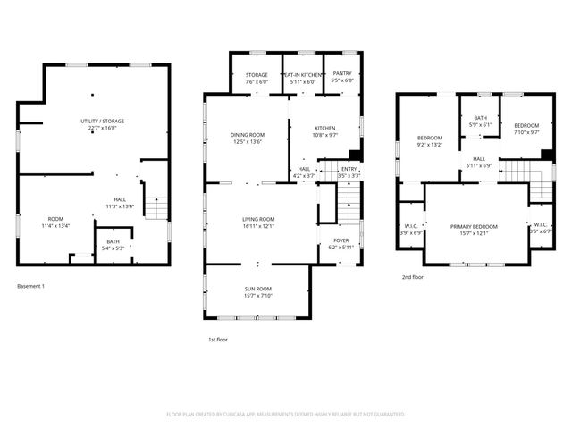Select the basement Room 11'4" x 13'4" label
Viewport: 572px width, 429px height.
coord(55,223)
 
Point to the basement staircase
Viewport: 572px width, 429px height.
coord(156,207)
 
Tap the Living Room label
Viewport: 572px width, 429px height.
coord(257,223)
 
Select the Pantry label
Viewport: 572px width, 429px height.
coord(342,78)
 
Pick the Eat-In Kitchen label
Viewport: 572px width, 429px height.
coord(303,78)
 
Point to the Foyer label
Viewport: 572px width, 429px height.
coord(341,244)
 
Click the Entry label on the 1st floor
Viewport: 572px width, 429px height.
coord(349,172)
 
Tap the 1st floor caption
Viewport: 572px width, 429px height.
coord(217,340)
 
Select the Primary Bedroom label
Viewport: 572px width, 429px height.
coord(474,230)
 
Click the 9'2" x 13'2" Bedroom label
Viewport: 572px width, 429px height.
coord(430,140)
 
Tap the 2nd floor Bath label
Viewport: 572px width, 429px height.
coord(480,122)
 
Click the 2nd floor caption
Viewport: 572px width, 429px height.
coord(412,278)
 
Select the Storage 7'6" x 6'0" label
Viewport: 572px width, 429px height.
coord(257,78)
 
